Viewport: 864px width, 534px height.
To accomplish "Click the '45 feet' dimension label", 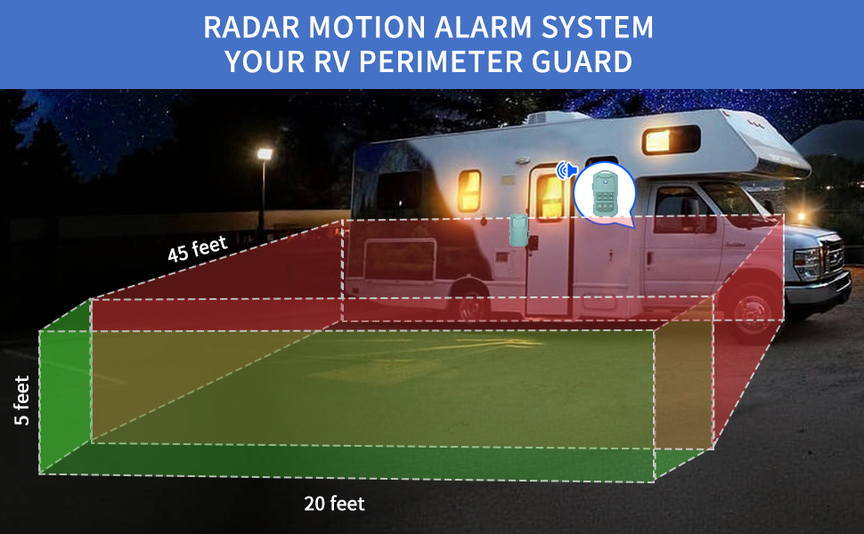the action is (x=197, y=249).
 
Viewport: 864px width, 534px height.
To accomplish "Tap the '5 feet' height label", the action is (x=21, y=400).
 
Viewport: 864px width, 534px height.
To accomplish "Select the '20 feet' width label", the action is (x=335, y=503).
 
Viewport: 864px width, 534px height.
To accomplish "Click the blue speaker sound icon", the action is (x=566, y=171).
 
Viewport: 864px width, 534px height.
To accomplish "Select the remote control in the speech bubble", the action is (x=605, y=193).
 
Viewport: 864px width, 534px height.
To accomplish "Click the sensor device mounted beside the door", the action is (x=518, y=231).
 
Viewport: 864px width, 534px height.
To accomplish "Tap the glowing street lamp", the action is (x=265, y=154).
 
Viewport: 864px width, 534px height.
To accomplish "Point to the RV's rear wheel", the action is (x=471, y=302).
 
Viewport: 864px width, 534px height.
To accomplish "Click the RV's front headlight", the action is (x=807, y=263).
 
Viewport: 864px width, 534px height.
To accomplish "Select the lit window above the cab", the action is (x=671, y=140).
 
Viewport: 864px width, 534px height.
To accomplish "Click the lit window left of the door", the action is (x=469, y=191).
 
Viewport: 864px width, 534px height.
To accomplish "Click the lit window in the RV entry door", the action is (x=550, y=197).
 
